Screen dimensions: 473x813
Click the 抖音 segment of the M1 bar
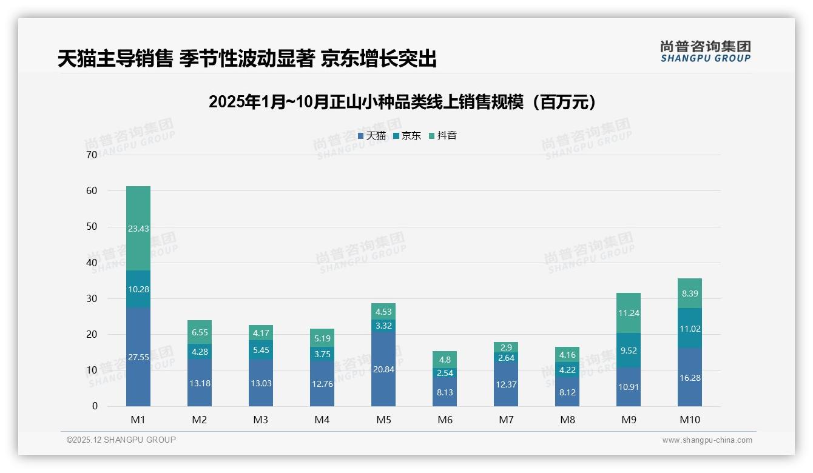[138, 228]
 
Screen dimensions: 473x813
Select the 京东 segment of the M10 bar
[690, 328]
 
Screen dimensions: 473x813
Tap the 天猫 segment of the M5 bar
[383, 369]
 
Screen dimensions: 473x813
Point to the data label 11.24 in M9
[629, 313]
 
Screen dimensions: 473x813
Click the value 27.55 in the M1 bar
[138, 357]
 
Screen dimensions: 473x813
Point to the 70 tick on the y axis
[92, 155]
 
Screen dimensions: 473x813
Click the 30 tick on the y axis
[92, 299]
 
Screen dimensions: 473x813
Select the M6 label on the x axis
[445, 420]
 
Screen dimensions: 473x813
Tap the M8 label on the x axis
[567, 420]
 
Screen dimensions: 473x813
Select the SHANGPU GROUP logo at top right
[705, 52]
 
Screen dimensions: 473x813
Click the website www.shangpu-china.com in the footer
[707, 440]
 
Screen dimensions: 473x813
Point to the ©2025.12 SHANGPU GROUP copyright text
[121, 440]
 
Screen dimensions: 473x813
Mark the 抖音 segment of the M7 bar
[506, 347]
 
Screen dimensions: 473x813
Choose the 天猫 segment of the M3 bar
[261, 383]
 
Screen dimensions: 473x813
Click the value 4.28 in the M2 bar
[200, 351]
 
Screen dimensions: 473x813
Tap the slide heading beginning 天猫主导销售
[247, 59]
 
